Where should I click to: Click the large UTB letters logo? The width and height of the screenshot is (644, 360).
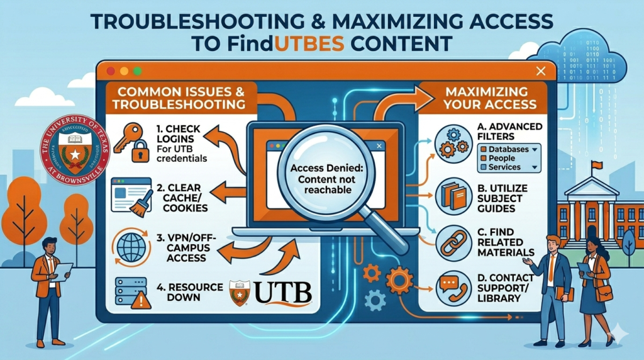pos(282,294)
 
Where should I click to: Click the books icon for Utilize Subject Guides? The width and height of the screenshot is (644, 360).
pos(452,196)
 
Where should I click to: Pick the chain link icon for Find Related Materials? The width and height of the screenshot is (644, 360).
pos(452,243)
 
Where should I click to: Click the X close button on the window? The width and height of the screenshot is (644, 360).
pos(538,71)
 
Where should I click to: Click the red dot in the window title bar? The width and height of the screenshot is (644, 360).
pos(111,72)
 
